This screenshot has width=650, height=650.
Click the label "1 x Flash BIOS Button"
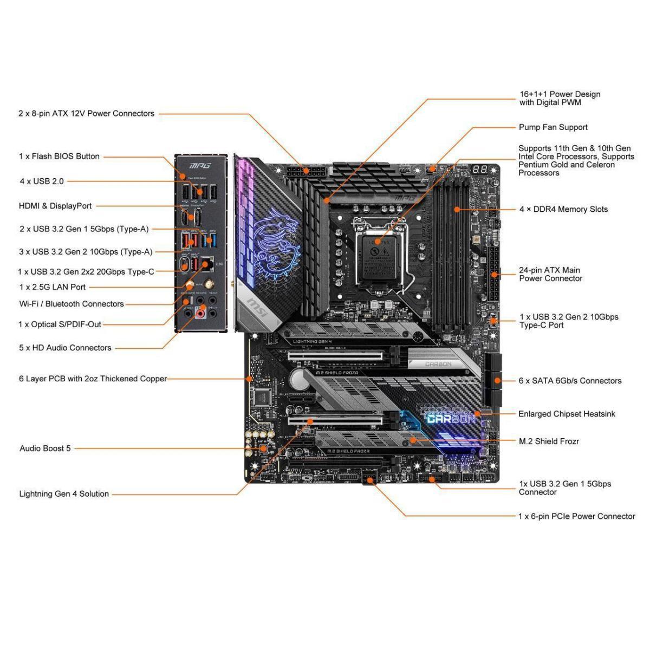[59, 157]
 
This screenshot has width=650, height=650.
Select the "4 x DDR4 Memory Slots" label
[563, 209]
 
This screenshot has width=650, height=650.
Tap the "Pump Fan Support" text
[553, 127]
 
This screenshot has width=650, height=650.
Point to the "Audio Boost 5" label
[45, 448]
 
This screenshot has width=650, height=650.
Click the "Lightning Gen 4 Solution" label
[64, 494]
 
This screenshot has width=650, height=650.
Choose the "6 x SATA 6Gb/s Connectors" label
[570, 381]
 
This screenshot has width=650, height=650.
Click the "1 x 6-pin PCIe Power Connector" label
[576, 516]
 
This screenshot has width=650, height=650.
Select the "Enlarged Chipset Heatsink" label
[567, 414]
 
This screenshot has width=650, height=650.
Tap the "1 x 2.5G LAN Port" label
[53, 287]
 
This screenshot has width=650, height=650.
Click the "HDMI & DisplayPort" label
[55, 206]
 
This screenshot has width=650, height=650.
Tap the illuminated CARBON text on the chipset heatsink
[451, 418]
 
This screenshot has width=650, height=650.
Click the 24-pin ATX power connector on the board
[493, 275]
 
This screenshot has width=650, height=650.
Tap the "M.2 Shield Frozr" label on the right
[549, 441]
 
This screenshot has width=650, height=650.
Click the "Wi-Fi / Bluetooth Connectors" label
[71, 304]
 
